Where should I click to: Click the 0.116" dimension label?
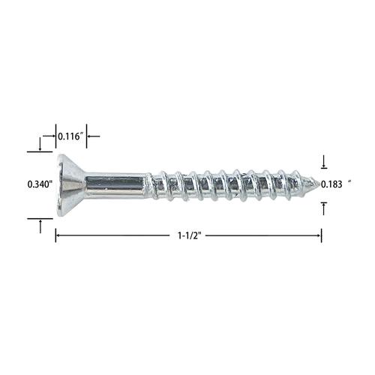coord(70,136)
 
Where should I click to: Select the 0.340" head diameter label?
coord(40,184)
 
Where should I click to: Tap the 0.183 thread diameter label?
coord(331,184)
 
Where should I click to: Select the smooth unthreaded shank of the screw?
coord(115,185)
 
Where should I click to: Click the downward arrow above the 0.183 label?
coord(324,162)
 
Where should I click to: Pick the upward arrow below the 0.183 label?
coord(324,208)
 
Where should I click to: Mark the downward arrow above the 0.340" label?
coord(40,144)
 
